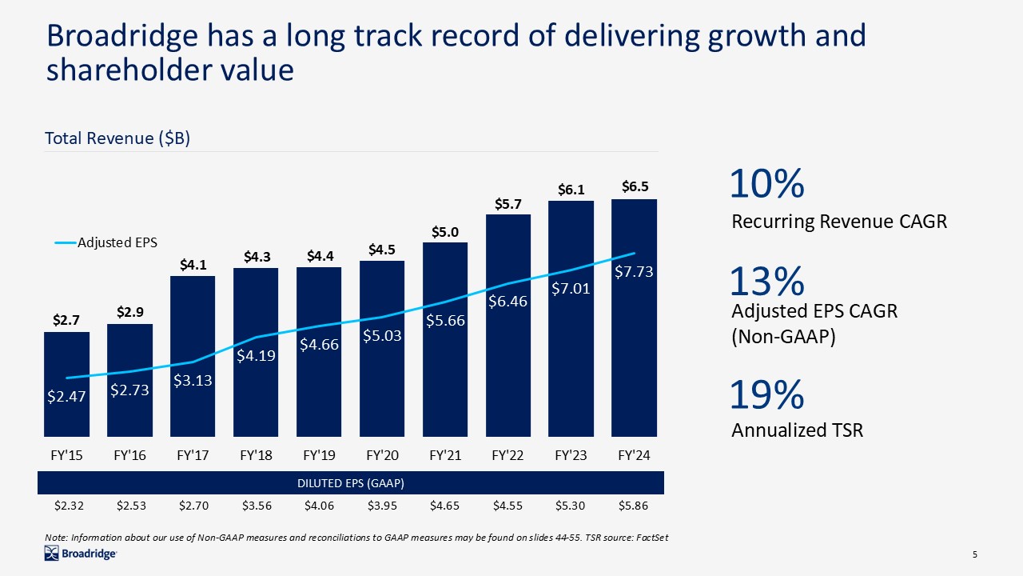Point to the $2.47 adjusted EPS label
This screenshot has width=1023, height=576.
tap(66, 395)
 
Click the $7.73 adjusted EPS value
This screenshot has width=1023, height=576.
tap(634, 272)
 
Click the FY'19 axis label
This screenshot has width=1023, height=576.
tap(319, 455)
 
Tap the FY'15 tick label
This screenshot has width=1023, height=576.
tap(66, 455)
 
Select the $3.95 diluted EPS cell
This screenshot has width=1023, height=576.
tap(381, 506)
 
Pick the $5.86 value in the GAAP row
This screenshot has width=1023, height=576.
tap(634, 506)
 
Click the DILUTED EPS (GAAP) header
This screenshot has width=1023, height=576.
tap(351, 483)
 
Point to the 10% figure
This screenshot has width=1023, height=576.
tap(766, 185)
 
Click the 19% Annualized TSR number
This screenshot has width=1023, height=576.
tap(766, 394)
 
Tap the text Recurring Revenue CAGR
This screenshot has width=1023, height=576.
tap(839, 222)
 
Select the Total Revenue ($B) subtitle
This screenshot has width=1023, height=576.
tap(117, 138)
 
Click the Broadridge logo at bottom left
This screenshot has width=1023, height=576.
tap(81, 554)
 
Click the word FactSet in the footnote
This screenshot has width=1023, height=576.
tap(651, 537)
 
